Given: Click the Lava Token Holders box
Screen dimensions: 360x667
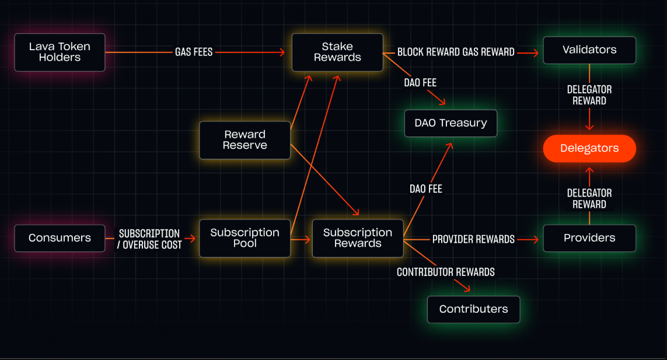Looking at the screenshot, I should pos(60,52).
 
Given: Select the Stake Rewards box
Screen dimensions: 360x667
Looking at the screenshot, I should pos(337,52).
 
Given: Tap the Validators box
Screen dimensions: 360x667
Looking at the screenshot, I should pos(589,50).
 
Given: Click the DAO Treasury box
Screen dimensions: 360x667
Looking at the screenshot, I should pos(451,123).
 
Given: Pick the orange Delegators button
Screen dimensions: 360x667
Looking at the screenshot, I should pos(589,148).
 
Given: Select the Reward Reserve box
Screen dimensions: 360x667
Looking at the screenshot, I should pos(245,140).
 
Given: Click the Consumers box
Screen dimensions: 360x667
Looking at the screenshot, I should pos(60,238).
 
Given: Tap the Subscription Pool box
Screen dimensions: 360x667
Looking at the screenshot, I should pos(245,238).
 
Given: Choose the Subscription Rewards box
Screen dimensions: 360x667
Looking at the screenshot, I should pos(358,238).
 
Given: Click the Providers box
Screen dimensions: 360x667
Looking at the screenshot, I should pos(589,238).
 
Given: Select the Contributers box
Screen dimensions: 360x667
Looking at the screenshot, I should pos(473,309).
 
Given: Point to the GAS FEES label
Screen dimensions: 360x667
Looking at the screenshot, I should pos(194,52).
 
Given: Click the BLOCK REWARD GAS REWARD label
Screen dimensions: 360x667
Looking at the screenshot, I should pos(456,52).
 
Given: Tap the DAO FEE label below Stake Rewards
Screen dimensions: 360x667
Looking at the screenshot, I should pos(420,83).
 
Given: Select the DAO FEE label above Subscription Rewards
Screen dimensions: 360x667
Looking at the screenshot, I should pos(426,188).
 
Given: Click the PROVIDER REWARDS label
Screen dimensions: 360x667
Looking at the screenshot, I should pos(473,239).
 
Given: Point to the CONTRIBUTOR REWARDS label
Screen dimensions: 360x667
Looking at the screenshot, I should pos(446,272).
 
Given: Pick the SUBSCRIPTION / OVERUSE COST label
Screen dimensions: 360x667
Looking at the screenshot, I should pos(149,239).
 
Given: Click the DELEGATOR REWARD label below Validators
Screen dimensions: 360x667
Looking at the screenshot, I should pos(589,95).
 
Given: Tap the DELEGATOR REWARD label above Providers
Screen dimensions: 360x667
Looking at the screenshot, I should pos(589,198).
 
